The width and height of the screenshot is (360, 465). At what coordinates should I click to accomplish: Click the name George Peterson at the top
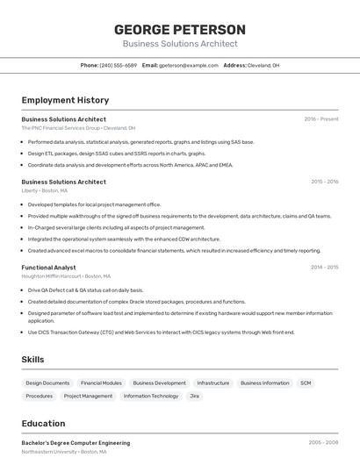(180, 30)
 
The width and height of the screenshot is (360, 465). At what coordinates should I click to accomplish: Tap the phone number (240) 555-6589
(118, 65)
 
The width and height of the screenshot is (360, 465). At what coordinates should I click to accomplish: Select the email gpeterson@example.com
(189, 65)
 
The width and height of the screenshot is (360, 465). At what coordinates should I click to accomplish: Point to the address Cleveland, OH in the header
(263, 65)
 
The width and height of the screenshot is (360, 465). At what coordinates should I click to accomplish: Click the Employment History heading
(65, 100)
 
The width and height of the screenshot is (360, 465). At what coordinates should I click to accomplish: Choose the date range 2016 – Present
(321, 118)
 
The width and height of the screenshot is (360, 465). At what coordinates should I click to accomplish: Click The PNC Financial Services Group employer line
(78, 128)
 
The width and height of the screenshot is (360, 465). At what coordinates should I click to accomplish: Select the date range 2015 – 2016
(324, 182)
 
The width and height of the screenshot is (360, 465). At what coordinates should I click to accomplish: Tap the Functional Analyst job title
(48, 267)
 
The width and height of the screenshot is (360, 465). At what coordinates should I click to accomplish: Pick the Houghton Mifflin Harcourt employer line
(67, 276)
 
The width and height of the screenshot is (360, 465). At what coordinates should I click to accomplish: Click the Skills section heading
(32, 360)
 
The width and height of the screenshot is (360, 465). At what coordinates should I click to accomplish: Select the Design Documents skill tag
(47, 383)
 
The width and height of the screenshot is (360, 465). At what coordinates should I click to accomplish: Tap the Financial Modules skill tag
(101, 383)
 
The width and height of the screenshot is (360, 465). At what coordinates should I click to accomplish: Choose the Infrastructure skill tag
(213, 383)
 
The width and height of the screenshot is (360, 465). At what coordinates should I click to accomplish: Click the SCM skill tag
(306, 383)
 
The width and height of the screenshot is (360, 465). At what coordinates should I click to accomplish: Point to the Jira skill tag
(195, 396)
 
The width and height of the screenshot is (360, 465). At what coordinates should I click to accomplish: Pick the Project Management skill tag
(88, 396)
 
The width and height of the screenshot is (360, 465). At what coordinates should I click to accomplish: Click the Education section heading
(43, 423)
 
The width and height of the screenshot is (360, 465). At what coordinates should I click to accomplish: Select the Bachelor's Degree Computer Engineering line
(76, 443)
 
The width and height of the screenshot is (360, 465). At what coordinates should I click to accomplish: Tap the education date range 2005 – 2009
(323, 443)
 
